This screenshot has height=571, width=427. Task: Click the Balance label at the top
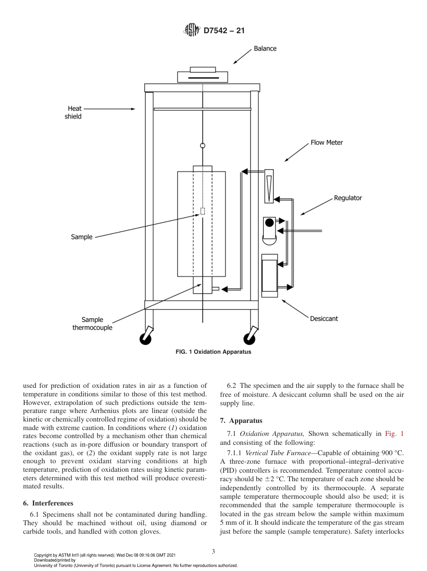[x=265, y=48]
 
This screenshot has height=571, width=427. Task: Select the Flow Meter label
[x=326, y=142]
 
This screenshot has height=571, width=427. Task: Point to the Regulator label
[x=347, y=198]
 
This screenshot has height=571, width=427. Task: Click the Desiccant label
[x=324, y=319]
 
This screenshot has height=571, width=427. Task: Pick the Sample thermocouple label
[x=92, y=324]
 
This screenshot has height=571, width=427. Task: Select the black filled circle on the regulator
[x=269, y=222]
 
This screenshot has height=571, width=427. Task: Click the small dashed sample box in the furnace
[x=203, y=211]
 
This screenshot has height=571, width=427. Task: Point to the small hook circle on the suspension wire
[x=203, y=145]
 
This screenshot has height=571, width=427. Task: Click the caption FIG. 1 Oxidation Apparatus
[x=213, y=352]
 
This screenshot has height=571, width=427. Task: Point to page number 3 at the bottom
[x=213, y=552]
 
